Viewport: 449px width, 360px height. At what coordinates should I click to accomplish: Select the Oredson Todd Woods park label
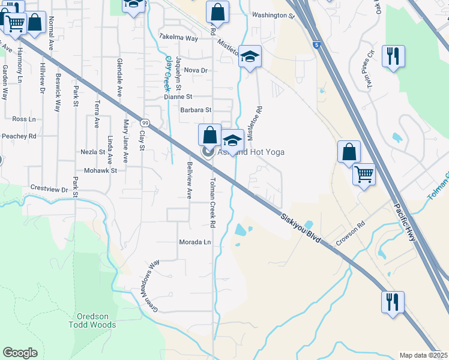(x=96, y=320)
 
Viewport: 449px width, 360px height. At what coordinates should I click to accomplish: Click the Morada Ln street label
(x=195, y=242)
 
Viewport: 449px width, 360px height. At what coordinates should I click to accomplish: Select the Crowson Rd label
(x=351, y=233)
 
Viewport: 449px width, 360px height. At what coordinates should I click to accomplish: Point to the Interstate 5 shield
(x=316, y=44)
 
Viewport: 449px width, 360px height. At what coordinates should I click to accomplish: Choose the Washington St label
(x=273, y=16)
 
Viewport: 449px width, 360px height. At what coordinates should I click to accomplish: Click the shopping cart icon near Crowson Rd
(x=364, y=174)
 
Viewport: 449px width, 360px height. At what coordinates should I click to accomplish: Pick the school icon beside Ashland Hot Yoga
(x=232, y=140)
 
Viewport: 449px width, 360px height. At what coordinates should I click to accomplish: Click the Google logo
(x=20, y=352)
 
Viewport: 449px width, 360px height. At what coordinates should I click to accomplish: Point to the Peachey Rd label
(x=19, y=136)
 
